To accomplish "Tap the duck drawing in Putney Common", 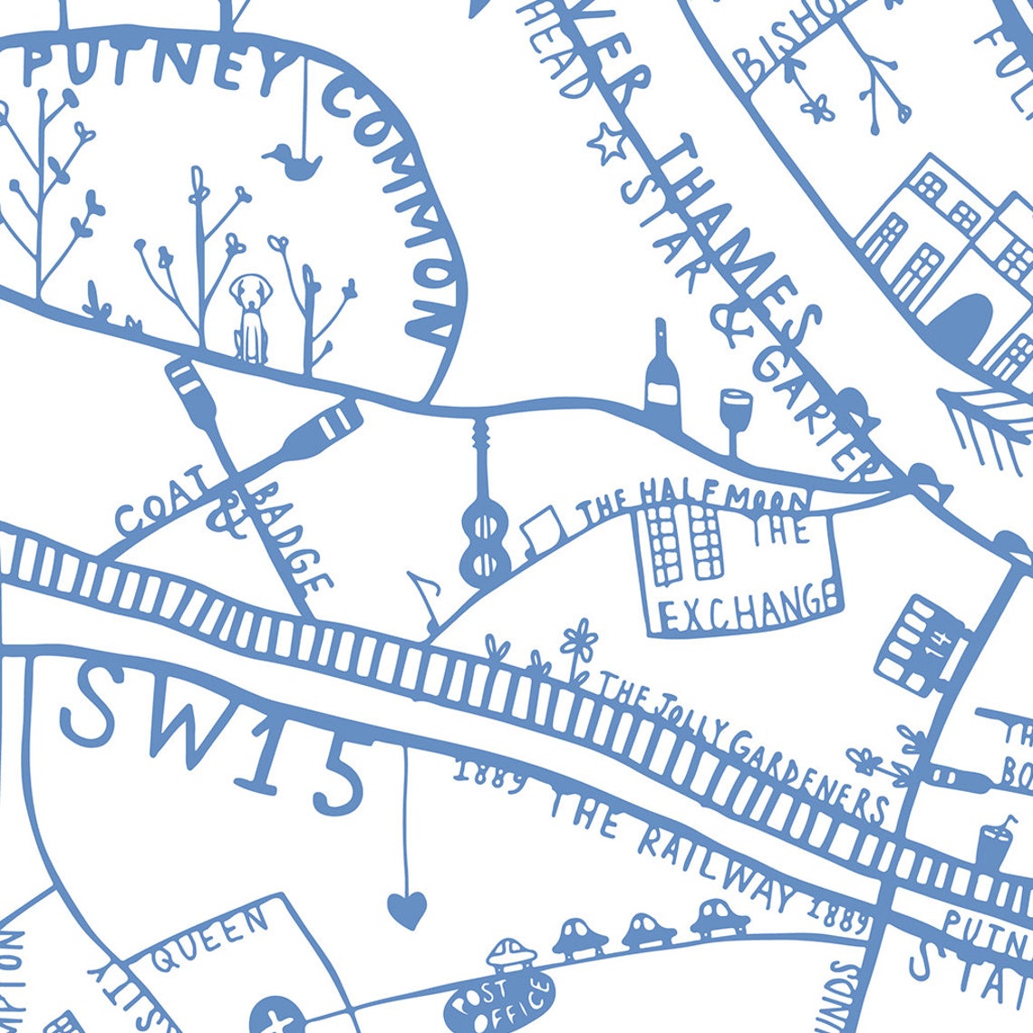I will tap(294, 163).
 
